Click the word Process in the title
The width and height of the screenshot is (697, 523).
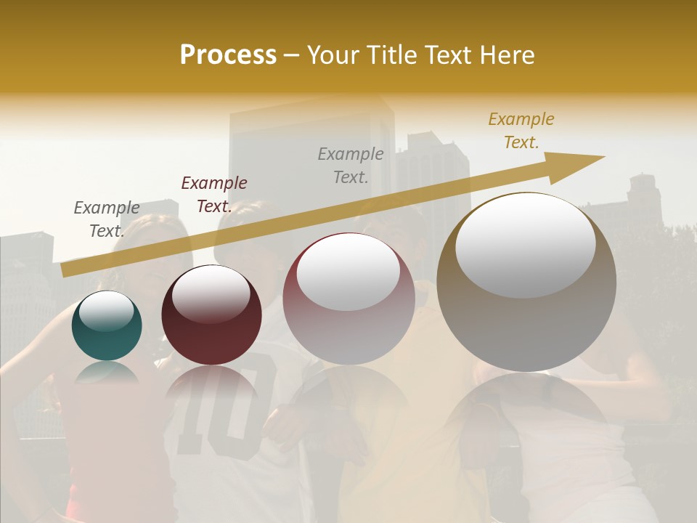(228, 55)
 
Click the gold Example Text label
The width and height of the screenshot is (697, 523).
(521, 131)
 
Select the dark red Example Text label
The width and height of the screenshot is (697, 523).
(213, 195)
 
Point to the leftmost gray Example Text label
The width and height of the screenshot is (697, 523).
(107, 219)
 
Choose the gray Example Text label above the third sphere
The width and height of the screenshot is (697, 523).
(351, 165)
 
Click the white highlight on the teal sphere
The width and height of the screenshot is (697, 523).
(106, 311)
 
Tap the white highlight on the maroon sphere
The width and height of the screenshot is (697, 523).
(211, 293)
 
